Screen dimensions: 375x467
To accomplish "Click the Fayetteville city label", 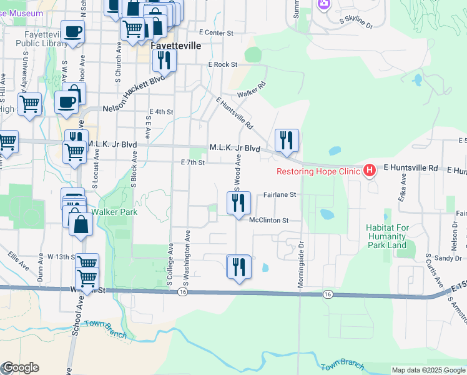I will coord(176,46).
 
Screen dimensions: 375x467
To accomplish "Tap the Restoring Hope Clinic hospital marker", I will coord(370,169).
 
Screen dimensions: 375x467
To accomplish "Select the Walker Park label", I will coord(114,212).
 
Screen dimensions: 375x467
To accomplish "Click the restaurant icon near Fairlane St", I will coord(238,203).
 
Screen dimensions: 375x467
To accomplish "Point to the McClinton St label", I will coord(269,221).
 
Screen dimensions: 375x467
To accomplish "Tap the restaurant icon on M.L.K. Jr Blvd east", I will coord(287,141).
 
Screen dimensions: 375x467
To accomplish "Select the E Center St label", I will coord(215,32).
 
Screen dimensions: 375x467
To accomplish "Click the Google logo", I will coord(20,367).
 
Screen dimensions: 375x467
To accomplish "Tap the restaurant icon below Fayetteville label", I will coord(164,61).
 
